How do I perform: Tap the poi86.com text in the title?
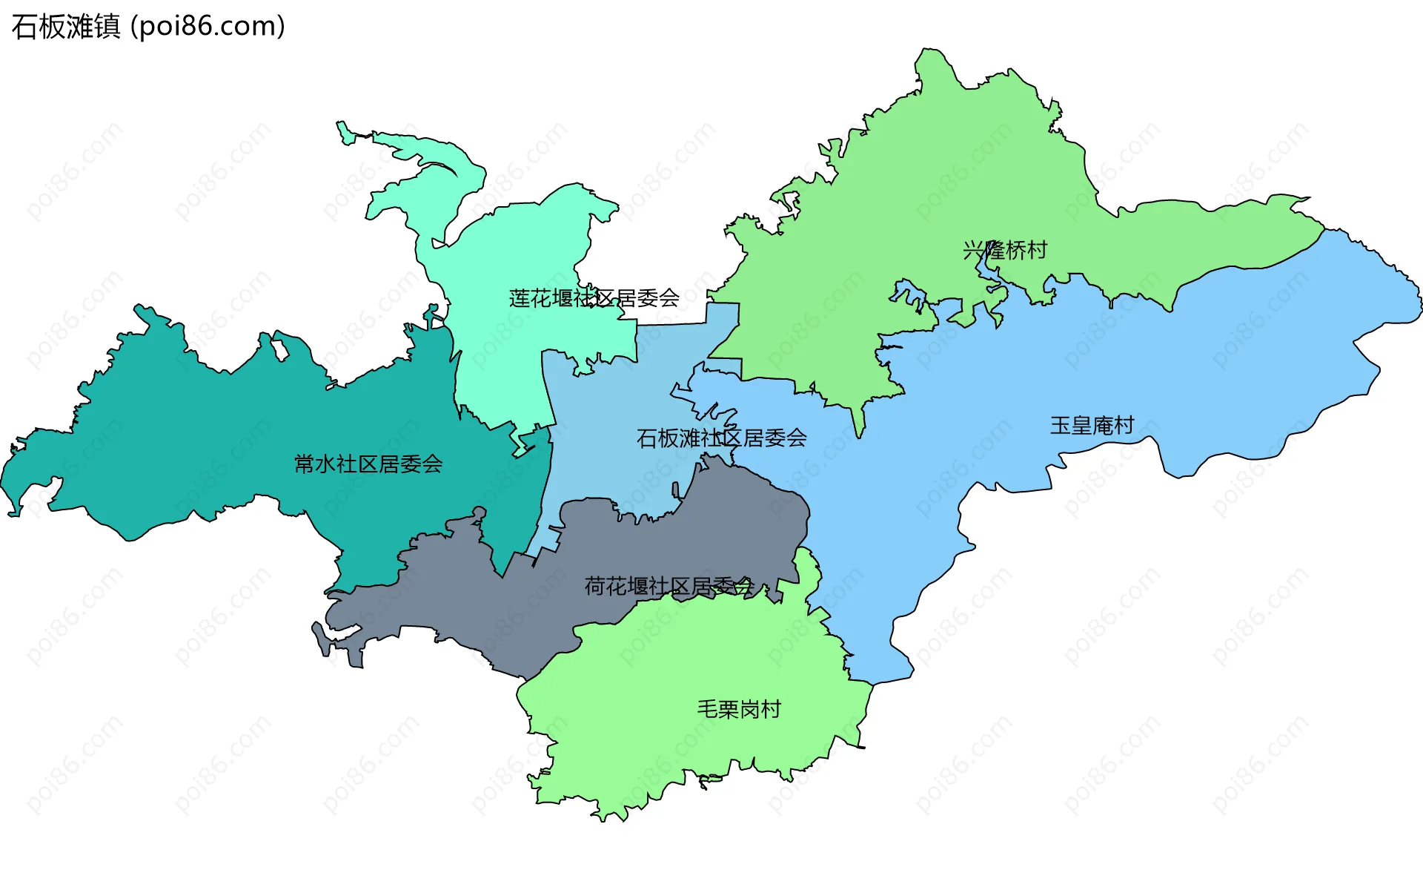pyautogui.click(x=208, y=27)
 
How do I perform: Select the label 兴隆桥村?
pyautogui.click(x=1005, y=250)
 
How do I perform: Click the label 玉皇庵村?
pyautogui.click(x=1092, y=425)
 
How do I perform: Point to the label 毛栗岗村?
pyautogui.click(x=739, y=709)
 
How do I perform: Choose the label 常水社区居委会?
pyautogui.click(x=368, y=464)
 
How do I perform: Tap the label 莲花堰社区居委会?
pyautogui.click(x=594, y=298)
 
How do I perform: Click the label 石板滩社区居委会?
pyautogui.click(x=721, y=438)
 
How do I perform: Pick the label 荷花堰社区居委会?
pyautogui.click(x=669, y=587)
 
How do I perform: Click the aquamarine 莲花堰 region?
pyautogui.click(x=519, y=245)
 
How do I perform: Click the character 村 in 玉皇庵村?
pyautogui.click(x=1124, y=425)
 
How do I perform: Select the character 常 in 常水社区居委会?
pyautogui.click(x=305, y=464)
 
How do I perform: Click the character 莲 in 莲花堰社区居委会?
pyautogui.click(x=520, y=298)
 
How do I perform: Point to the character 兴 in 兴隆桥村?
pyautogui.click(x=973, y=250)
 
